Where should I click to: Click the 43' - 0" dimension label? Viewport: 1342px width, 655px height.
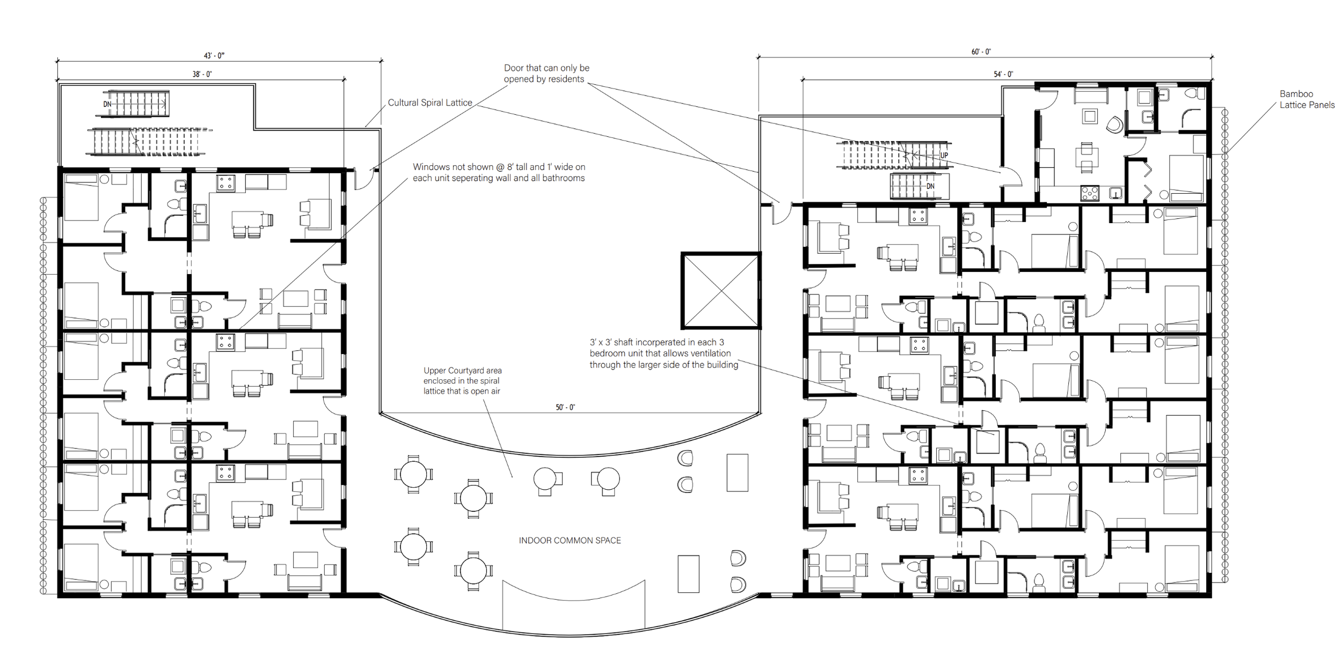point(214,56)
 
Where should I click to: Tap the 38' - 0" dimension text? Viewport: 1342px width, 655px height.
point(202,75)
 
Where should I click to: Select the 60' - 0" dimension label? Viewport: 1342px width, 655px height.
point(981,52)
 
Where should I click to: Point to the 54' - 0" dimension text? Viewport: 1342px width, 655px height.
point(1003,75)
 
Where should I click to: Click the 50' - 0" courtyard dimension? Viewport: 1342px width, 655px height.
point(565,408)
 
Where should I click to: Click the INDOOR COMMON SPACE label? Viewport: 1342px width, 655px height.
point(570,541)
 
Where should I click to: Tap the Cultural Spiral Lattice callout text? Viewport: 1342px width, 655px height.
point(430,103)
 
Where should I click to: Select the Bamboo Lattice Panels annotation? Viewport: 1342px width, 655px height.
point(1307,100)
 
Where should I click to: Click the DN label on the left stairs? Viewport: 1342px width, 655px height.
point(107,104)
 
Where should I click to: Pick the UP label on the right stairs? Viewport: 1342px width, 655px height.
point(944,156)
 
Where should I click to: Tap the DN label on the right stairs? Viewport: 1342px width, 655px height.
point(930,187)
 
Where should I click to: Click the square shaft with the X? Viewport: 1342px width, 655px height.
point(721,290)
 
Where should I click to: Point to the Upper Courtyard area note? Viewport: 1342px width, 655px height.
point(462,381)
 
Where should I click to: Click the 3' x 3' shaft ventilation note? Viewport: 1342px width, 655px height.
point(664,354)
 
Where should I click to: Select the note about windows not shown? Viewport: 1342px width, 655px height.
point(499,173)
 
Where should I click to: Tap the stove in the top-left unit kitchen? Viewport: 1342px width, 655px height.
point(225,183)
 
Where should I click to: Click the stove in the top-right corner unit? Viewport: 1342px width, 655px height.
point(1090,193)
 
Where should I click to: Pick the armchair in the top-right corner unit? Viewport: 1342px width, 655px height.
point(1114,126)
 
